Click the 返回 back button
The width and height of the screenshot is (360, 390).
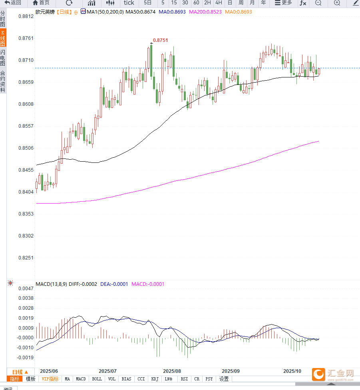point(13,3)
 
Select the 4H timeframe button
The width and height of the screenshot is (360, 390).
point(219,3)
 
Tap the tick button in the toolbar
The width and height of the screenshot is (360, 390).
point(129,3)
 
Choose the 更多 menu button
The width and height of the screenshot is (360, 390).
point(283,3)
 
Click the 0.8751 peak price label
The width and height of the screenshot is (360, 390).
point(160,40)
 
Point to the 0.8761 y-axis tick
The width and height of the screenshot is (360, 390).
point(25,38)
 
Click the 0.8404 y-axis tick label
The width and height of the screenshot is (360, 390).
point(25,192)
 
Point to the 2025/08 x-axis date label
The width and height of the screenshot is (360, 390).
point(172,371)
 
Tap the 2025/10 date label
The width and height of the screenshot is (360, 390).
point(292,371)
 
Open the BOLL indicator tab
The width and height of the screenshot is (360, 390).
point(97,379)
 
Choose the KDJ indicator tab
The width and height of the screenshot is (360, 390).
point(155,379)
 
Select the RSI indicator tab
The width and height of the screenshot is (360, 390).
point(184,379)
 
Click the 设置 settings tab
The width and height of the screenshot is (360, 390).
point(224,379)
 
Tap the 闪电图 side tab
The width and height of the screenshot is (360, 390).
point(3,58)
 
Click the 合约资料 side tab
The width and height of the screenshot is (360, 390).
point(3,81)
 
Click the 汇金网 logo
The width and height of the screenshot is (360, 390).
point(334,374)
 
